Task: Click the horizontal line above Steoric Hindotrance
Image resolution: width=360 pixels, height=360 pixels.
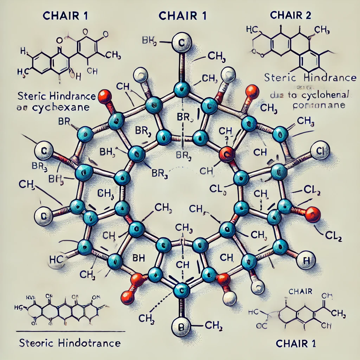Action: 71,331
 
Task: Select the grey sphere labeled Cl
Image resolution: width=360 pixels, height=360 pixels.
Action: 320,151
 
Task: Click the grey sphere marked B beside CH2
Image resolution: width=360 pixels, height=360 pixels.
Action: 181,328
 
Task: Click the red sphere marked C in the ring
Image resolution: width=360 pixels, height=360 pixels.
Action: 226,154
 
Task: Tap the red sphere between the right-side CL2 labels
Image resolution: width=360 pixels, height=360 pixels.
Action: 312,214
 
